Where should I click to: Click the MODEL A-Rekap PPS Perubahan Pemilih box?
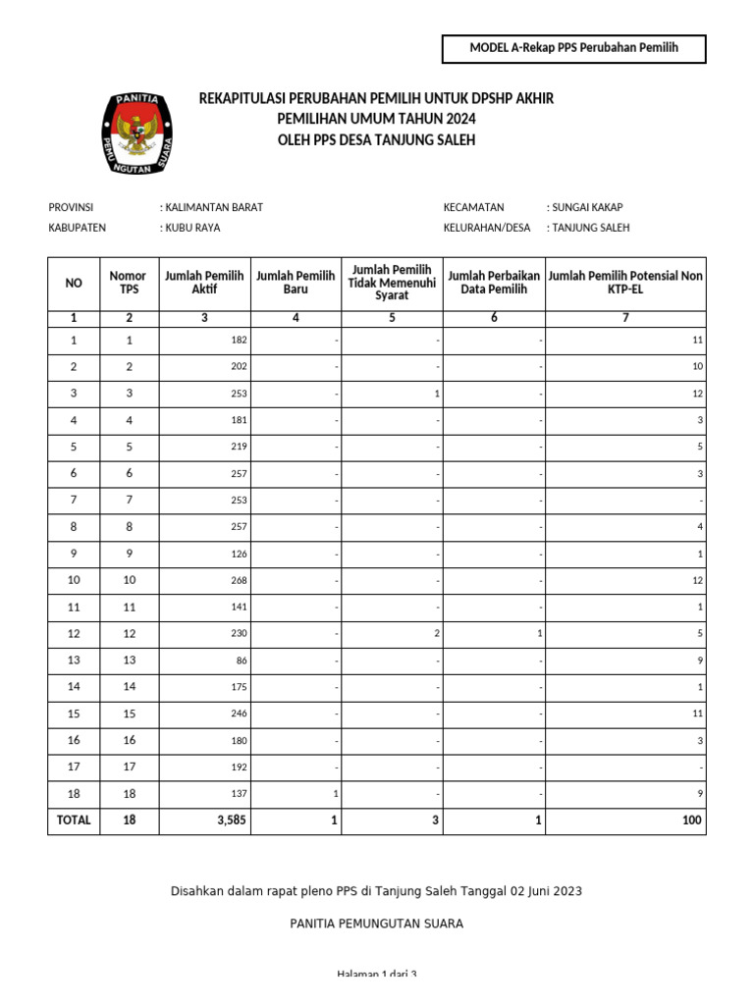pyautogui.click(x=574, y=48)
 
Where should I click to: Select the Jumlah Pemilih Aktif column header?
pyautogui.click(x=204, y=284)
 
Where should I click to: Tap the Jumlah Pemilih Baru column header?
pyautogui.click(x=296, y=284)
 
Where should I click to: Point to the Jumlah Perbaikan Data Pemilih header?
pyautogui.click(x=494, y=284)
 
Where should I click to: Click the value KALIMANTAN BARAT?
pyautogui.click(x=214, y=207)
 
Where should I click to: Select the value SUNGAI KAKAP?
pyautogui.click(x=587, y=207)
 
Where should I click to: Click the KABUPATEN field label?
pyautogui.click(x=77, y=228)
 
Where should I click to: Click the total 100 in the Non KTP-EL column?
pyautogui.click(x=692, y=820)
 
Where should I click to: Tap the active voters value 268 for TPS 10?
pyautogui.click(x=239, y=580)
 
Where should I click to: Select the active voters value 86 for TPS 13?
pyautogui.click(x=242, y=661)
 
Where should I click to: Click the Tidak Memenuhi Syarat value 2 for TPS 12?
pyautogui.click(x=436, y=634)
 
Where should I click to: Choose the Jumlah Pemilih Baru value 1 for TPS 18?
pyautogui.click(x=336, y=794)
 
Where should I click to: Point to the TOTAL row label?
pyautogui.click(x=74, y=820)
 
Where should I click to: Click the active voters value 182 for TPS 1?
pyautogui.click(x=239, y=341)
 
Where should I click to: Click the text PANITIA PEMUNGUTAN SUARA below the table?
pyautogui.click(x=377, y=924)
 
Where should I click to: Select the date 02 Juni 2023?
pyautogui.click(x=545, y=891)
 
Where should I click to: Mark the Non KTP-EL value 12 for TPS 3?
pyautogui.click(x=697, y=394)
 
